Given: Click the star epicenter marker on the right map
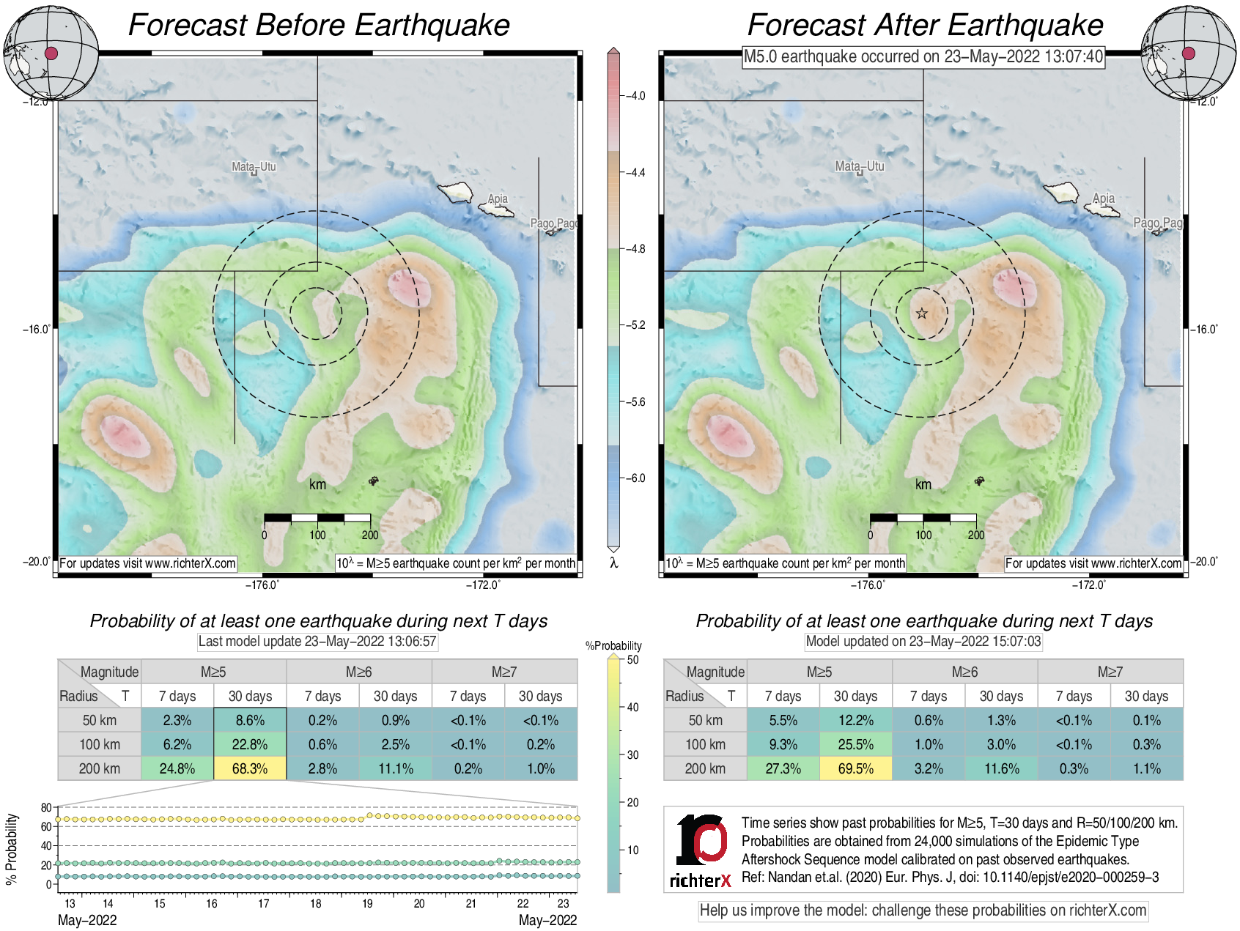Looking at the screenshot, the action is [922, 314].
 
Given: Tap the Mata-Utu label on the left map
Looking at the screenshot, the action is [254, 166].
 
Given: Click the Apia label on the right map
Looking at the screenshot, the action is [1104, 198].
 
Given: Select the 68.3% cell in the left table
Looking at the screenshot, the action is [250, 768].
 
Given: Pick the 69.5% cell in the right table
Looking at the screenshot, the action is [855, 768].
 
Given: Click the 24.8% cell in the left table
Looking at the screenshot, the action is [177, 768].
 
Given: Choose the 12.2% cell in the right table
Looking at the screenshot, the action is [855, 720].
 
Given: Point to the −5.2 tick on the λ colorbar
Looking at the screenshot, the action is [635, 325].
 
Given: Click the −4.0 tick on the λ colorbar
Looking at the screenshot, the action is [635, 96].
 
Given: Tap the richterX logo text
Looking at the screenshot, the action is [700, 880].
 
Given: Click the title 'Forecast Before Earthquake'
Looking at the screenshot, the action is [319, 25].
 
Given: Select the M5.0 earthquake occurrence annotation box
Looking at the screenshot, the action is [923, 56].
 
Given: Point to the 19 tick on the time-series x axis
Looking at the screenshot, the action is [367, 903].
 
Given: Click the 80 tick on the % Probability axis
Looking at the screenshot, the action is [46, 807].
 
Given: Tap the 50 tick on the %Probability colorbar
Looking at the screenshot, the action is [632, 659].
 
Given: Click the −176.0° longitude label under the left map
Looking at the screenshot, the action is [262, 585].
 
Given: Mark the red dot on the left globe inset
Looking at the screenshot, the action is [51, 53].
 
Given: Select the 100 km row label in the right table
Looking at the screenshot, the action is [705, 744].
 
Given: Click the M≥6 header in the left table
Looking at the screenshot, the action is [358, 672].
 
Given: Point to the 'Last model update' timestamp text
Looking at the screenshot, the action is [317, 642].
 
